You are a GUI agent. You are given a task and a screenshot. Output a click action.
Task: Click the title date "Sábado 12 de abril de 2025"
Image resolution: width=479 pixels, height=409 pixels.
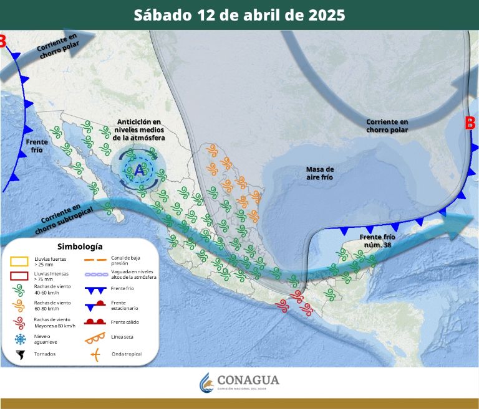[239, 15]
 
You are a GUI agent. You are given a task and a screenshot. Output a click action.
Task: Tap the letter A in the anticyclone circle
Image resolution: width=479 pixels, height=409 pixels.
[138, 169]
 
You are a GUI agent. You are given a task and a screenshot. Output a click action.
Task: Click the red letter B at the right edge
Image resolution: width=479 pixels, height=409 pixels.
[470, 123]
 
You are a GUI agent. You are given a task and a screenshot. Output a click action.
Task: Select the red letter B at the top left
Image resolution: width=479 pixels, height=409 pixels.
[2, 42]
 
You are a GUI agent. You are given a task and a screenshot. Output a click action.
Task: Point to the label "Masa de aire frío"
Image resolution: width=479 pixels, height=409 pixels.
[320, 173]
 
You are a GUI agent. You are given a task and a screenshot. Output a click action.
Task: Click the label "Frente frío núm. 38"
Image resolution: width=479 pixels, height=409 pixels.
[377, 242]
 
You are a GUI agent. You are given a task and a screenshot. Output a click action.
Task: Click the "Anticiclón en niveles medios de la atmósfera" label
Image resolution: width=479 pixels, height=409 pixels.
[138, 129]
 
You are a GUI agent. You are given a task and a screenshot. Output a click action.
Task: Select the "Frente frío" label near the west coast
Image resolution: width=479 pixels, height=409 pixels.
[37, 146]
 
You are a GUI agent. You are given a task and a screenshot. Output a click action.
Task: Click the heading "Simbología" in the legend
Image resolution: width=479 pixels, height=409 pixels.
[80, 246]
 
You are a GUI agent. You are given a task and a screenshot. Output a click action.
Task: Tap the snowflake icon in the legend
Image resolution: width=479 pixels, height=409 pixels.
[21, 339]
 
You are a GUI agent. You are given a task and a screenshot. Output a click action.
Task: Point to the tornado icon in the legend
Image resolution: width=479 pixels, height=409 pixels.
[21, 354]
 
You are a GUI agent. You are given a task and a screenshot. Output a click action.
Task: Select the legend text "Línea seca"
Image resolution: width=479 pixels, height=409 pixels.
[122, 337]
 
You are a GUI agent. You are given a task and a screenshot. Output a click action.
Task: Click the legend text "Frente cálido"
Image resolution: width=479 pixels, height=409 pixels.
[125, 322]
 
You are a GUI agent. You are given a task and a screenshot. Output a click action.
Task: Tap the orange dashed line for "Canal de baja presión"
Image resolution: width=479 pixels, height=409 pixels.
[94, 258]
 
